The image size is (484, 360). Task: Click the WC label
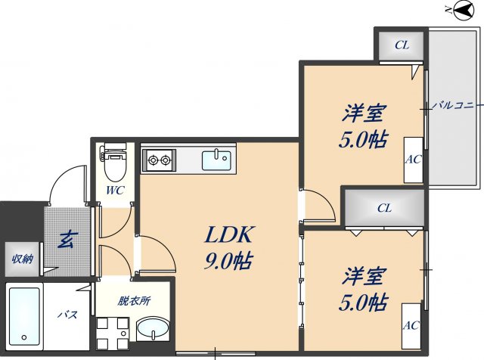tap(114, 191)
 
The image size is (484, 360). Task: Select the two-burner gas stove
tap(160, 160)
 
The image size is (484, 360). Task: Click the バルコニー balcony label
tap(454, 106)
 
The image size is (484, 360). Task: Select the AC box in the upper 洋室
tap(413, 160)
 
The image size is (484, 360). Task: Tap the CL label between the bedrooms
tap(384, 207)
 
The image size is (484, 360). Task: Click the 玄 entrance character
tap(67, 241)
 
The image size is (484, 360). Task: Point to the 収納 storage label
tap(22, 259)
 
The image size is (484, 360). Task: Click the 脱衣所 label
tap(134, 300)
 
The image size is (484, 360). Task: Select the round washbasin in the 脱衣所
tap(154, 331)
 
